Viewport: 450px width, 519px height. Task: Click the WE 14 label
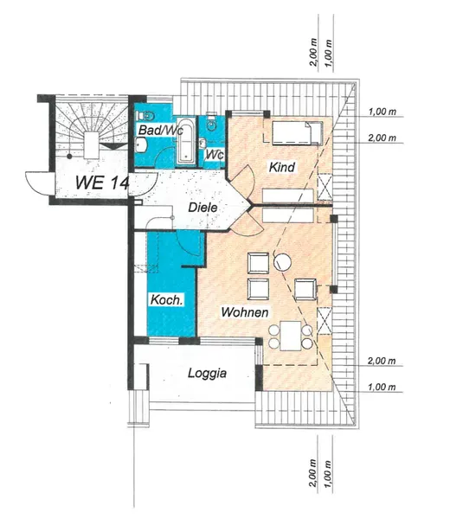coord(101,182)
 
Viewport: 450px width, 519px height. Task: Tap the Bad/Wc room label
coord(160,130)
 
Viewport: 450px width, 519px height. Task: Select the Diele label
coord(202,208)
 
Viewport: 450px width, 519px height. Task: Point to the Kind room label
coord(281,167)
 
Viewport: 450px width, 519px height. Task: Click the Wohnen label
coord(245,312)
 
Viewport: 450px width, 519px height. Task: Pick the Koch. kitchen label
coord(166,300)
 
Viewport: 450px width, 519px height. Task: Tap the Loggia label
coord(208,373)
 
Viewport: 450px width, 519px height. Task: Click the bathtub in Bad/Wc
coord(185,140)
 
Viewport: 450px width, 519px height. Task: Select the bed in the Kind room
coord(297,133)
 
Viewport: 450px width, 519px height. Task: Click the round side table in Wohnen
coord(282,262)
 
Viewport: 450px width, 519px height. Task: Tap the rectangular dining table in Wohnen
coord(291,336)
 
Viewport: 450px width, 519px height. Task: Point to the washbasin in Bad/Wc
coord(141,145)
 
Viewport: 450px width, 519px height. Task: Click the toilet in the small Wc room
coord(211,123)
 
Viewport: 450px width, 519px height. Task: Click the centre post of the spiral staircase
coord(92,145)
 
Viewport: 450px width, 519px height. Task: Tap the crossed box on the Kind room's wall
coord(325,187)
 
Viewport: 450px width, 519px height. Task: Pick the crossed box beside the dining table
coord(325,321)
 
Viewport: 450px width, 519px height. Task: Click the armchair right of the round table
coord(305,290)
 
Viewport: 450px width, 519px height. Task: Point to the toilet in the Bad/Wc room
coord(146,116)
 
